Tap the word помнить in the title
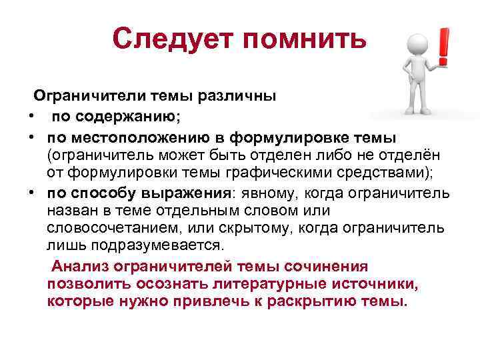click(306, 40)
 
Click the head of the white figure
click(419, 39)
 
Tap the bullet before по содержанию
click(32, 117)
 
